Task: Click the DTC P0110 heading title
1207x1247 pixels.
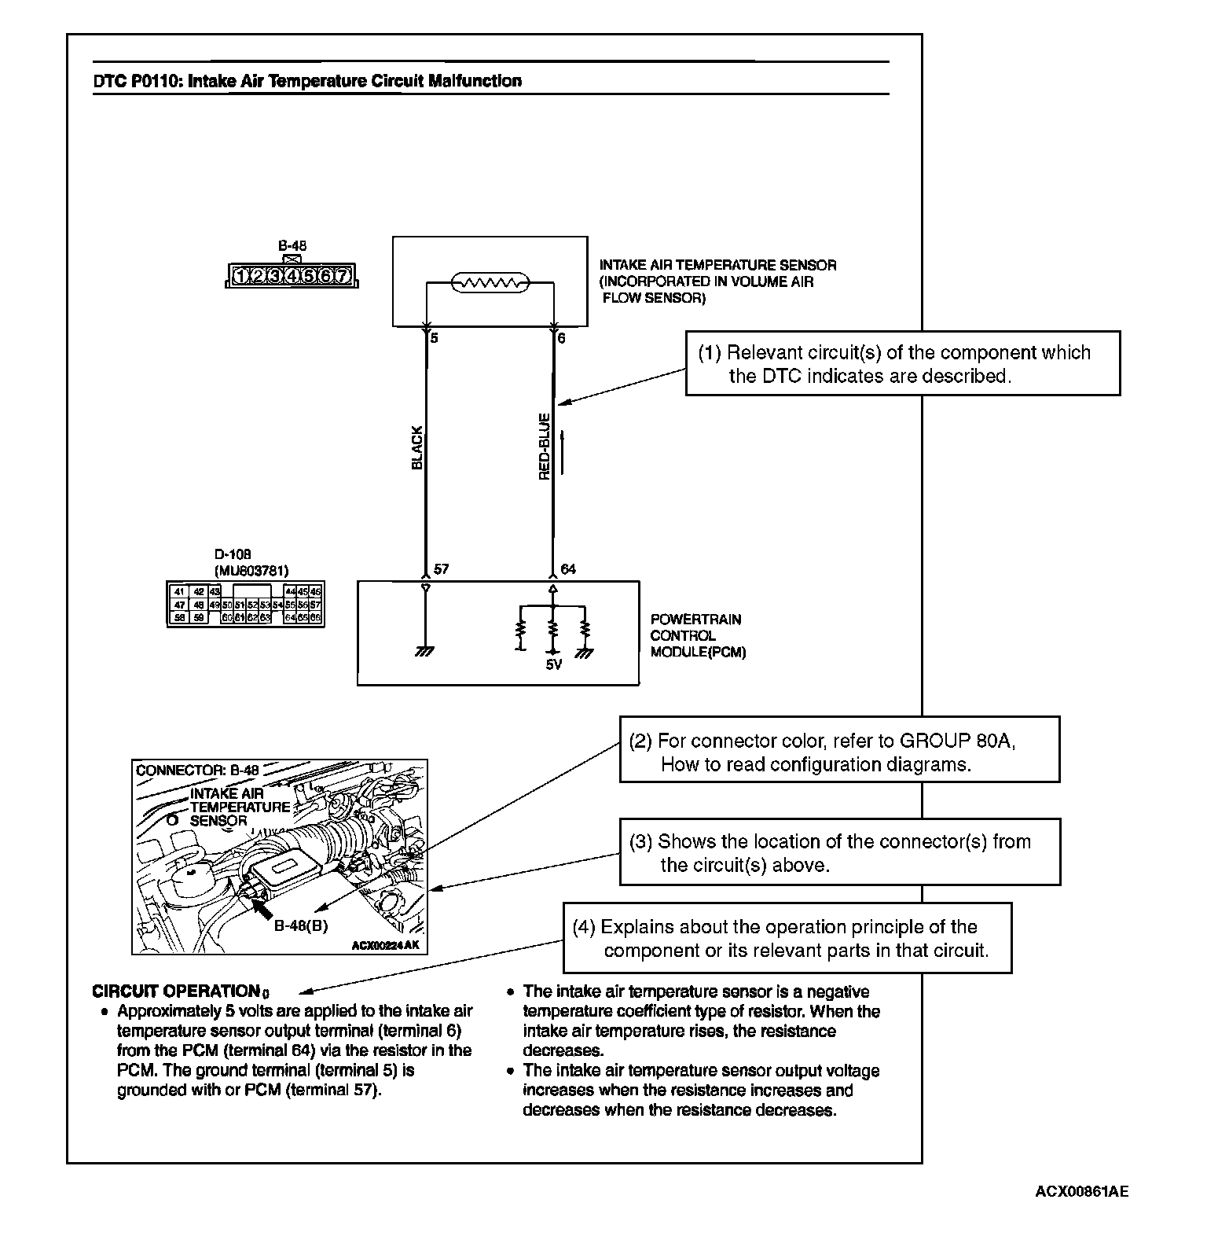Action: (x=306, y=81)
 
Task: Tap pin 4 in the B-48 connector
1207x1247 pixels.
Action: (x=292, y=275)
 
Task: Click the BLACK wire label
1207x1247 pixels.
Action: (x=417, y=447)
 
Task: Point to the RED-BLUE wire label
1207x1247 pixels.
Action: (x=544, y=447)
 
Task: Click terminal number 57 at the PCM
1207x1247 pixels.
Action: (x=441, y=568)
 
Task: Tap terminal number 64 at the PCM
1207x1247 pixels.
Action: (x=568, y=568)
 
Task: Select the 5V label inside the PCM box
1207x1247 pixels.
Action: (x=553, y=664)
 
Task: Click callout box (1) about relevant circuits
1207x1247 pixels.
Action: (x=902, y=364)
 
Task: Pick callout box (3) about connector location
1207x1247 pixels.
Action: (x=839, y=852)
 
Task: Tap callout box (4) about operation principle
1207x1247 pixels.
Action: (x=787, y=938)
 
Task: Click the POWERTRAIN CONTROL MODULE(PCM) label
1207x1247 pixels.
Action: (x=697, y=635)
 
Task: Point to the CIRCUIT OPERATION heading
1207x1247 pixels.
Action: (x=176, y=991)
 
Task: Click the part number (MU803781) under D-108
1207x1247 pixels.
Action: (x=251, y=570)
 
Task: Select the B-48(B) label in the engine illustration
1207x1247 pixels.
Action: (x=300, y=925)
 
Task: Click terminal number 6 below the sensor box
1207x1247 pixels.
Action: (x=561, y=339)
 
